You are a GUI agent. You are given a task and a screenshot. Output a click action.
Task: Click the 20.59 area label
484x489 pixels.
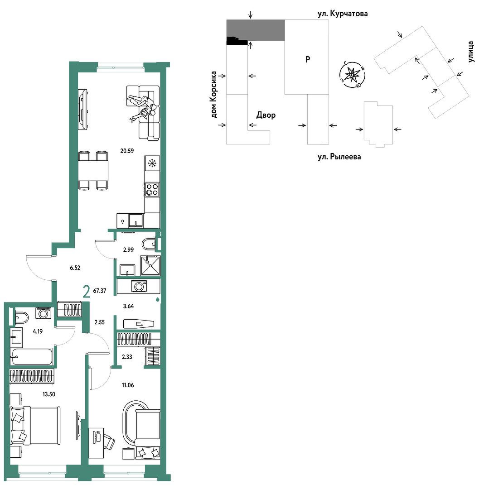pos(127,151)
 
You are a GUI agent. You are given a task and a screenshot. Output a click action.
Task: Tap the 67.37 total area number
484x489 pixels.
pos(100,291)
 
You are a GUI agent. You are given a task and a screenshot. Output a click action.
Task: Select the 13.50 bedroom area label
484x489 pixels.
pos(48,394)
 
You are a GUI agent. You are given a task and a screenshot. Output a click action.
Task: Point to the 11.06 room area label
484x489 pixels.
pos(128,385)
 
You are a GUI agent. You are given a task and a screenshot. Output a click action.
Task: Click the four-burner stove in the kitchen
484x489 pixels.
pos(152,189)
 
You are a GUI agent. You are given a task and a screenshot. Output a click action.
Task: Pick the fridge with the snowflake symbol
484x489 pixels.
pos(152,163)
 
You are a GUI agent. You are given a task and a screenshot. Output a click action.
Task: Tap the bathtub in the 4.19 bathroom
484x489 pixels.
pos(31,356)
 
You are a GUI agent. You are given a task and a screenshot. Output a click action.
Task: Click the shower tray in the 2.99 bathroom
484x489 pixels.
pos(150,265)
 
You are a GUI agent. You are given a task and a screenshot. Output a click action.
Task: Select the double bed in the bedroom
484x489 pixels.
pos(35,425)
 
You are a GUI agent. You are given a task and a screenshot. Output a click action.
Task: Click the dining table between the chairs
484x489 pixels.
pos(93,170)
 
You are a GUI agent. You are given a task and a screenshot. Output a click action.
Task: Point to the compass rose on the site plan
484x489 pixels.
pos(352,75)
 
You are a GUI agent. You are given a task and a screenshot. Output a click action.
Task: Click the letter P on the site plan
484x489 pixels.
pos(308,59)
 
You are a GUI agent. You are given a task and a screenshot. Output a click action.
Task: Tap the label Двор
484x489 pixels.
pos(266,115)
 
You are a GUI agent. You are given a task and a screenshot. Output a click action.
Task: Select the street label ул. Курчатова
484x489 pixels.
pos(343,14)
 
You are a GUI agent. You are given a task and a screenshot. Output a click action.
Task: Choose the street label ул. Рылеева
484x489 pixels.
pos(339,157)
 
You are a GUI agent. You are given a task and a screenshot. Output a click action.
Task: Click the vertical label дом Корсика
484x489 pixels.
pos(213,95)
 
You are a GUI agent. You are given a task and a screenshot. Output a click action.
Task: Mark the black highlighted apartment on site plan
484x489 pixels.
pos(237,41)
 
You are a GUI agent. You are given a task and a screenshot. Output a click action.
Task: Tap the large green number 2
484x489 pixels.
pos(87,292)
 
